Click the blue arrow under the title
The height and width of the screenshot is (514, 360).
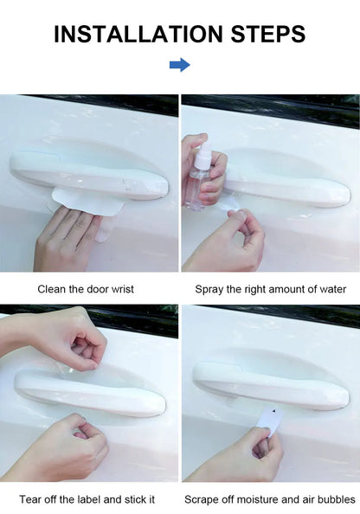(179, 65)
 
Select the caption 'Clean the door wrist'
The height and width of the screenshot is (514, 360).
(86, 289)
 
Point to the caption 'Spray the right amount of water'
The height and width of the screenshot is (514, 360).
(270, 289)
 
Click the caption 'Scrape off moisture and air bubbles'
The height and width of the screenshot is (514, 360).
(270, 499)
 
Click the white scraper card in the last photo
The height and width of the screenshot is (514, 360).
(272, 421)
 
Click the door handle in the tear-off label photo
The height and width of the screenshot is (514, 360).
(91, 394)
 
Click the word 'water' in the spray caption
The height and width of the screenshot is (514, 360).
(331, 289)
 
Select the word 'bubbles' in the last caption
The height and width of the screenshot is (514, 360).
(335, 499)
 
